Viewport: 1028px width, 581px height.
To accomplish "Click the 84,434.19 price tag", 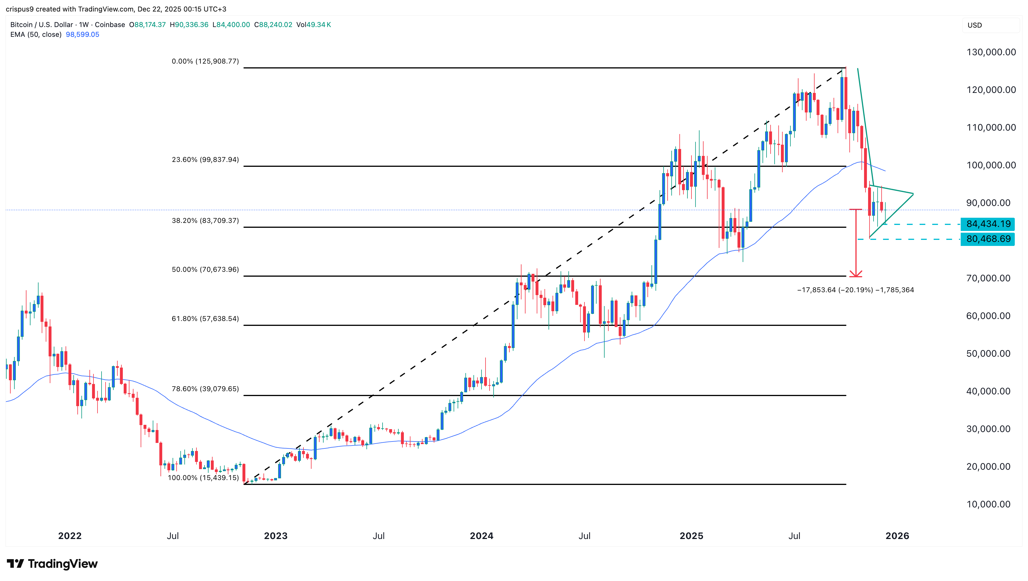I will pos(988,224).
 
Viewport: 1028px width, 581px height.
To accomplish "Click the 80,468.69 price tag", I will pos(988,239).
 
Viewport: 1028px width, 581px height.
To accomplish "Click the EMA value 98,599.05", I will pos(82,34).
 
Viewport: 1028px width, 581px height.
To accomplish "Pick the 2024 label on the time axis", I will pos(481,536).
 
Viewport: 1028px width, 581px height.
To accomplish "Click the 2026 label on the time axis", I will pos(897,536).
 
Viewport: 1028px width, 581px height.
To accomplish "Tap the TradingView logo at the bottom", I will pos(52,563).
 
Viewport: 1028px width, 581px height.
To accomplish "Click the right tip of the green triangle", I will pos(913,194).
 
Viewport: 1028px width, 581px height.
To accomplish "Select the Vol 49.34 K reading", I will pos(314,25).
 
